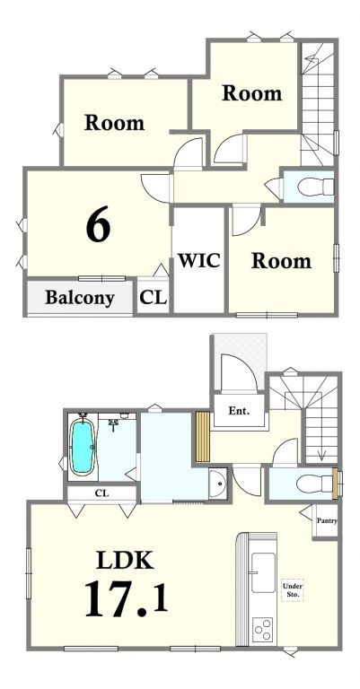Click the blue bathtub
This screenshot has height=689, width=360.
83,447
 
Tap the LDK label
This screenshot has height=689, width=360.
126,560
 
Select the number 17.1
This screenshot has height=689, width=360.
127,598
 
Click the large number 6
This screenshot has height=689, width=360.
98,224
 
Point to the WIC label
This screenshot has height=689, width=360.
198,260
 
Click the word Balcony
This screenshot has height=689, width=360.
80,298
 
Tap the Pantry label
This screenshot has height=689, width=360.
327,521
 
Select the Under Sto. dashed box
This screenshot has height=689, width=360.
293,590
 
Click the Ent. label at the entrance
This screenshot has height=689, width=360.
239,411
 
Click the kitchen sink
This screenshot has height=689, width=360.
263,572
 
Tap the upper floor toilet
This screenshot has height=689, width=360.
316,187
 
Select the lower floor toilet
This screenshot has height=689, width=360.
315,484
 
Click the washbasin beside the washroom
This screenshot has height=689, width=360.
218,484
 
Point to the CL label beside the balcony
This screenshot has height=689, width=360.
154,298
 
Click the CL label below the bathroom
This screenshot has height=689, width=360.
102,493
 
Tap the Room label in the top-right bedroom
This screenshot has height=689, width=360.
252,93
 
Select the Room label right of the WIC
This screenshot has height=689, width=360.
281,260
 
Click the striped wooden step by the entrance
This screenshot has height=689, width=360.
203,436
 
